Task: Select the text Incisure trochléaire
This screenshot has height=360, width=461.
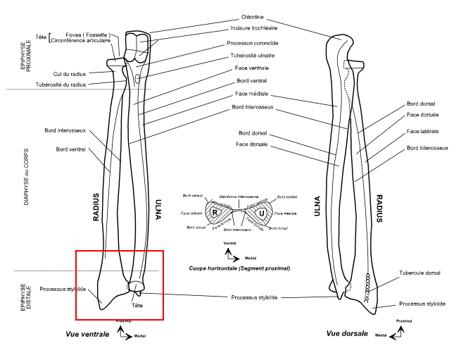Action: click(x=255, y=29)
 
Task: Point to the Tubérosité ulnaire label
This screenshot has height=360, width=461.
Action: click(x=251, y=55)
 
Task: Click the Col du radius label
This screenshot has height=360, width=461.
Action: click(x=69, y=73)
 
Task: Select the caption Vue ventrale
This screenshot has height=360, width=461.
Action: click(x=87, y=334)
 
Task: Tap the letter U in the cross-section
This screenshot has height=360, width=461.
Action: click(x=260, y=213)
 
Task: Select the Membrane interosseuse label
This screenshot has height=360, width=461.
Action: click(x=237, y=196)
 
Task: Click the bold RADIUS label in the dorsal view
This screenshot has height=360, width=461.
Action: click(x=379, y=209)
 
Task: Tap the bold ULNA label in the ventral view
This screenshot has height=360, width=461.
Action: click(x=158, y=209)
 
